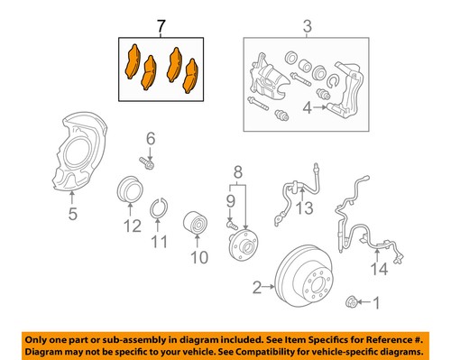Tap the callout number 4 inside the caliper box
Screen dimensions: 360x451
tap(308, 109)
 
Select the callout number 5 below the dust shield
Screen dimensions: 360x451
tap(73, 214)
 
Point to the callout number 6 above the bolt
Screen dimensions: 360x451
tap(151, 138)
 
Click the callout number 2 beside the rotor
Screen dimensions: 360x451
tap(256, 288)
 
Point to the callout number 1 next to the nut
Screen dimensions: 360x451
tap(377, 304)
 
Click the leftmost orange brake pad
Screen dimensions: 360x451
tap(132, 62)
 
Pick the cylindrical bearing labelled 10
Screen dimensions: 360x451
tap(196, 224)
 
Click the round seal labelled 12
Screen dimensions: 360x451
tap(129, 191)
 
